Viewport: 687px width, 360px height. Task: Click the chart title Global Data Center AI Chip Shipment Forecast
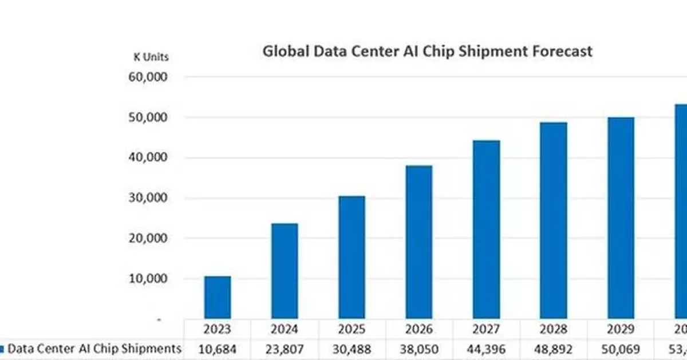[x=427, y=51]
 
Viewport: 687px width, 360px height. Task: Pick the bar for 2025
[x=352, y=258]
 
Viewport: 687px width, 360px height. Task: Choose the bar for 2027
[x=486, y=230]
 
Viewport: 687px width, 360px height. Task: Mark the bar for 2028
[x=554, y=220]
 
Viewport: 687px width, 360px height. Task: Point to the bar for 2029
[x=621, y=218]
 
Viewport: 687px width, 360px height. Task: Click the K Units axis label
[x=151, y=57]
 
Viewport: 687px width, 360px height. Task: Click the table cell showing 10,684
[x=218, y=349]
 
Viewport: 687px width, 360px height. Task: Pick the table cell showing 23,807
[x=285, y=349]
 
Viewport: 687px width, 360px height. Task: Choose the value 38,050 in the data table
[x=419, y=349]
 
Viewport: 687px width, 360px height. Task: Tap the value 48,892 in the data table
[x=554, y=349]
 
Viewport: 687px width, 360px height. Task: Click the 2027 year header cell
[x=486, y=329]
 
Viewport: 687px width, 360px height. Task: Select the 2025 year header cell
[x=352, y=329]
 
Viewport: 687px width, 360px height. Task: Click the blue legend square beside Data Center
[x=2, y=349]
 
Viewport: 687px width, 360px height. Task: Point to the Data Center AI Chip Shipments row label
[x=94, y=349]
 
